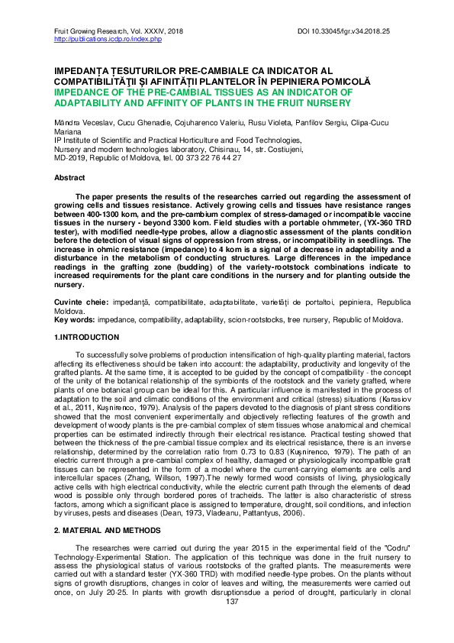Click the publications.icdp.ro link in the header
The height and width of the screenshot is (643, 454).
click(x=108, y=38)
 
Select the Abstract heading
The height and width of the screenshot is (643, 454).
click(x=69, y=177)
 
